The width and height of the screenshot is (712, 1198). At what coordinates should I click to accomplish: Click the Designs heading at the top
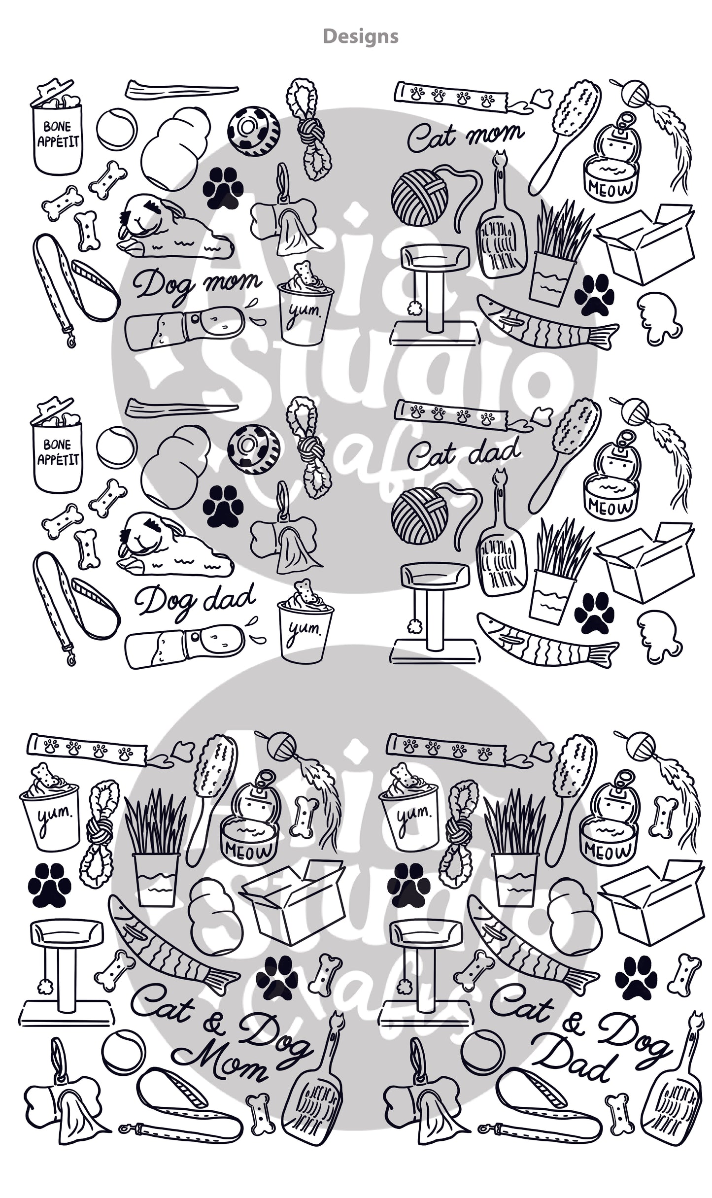click(361, 36)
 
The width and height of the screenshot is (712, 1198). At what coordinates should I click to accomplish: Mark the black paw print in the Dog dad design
click(223, 505)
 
